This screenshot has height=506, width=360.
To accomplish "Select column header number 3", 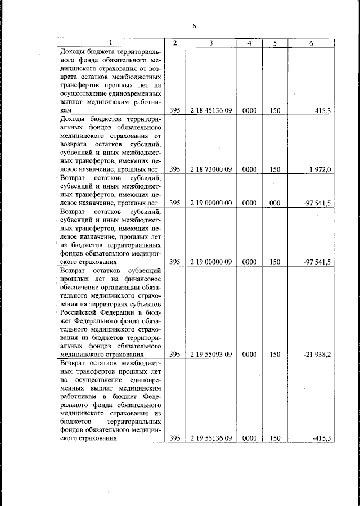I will click(211, 43).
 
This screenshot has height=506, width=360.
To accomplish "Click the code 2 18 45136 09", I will click(211, 111).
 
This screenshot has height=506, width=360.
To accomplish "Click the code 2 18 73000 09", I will click(211, 169).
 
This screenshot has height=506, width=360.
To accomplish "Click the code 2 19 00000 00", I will click(211, 203).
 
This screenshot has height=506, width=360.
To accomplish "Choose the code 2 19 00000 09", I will click(211, 262).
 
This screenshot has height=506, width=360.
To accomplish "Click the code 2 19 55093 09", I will click(211, 355).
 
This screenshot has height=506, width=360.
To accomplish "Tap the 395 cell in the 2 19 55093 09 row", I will click(174, 355).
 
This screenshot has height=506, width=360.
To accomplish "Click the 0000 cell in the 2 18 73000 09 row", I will click(249, 169).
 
